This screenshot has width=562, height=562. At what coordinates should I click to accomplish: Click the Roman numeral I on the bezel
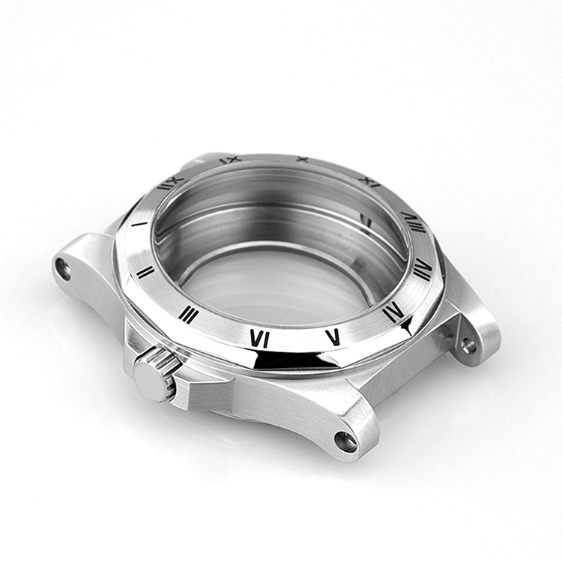point(139,223)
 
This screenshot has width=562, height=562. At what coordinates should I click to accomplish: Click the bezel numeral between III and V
point(259,339)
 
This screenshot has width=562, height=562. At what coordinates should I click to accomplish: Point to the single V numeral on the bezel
point(333,336)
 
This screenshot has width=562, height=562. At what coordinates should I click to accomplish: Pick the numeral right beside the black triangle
point(393,312)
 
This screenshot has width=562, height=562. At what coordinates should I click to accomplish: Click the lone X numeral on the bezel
point(302,159)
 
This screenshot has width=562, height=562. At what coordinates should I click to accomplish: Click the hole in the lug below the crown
point(345,441)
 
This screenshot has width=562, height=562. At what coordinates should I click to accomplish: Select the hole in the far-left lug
point(64,268)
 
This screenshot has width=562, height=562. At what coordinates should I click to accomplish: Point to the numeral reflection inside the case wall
point(366,220)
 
